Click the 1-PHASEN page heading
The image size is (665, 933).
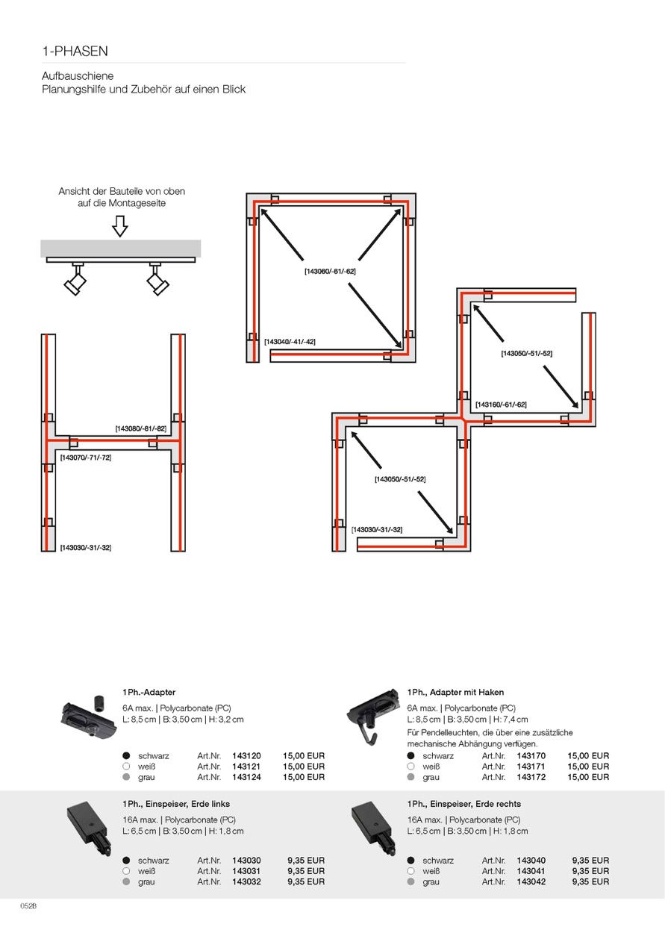click(x=75, y=52)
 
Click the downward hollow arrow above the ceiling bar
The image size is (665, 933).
click(x=120, y=226)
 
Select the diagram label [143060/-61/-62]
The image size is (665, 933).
click(x=330, y=272)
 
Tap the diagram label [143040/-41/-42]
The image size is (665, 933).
click(x=290, y=342)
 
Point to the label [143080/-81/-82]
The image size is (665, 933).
click(x=141, y=428)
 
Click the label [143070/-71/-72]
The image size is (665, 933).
click(x=86, y=458)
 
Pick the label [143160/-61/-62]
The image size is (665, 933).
click(x=501, y=405)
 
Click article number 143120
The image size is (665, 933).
click(x=246, y=756)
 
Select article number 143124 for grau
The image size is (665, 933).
click(x=246, y=777)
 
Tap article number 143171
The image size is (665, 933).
click(x=531, y=767)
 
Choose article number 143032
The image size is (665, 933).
click(x=246, y=881)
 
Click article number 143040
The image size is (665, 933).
click(x=531, y=861)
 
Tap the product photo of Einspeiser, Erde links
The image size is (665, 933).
click(x=89, y=829)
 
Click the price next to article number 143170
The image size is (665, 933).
click(x=588, y=756)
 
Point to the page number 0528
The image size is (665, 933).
click(x=28, y=906)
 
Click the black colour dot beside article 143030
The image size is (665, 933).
click(x=127, y=861)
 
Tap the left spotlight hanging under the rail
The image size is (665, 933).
click(x=76, y=278)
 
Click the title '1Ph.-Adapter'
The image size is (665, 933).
click(x=149, y=692)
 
